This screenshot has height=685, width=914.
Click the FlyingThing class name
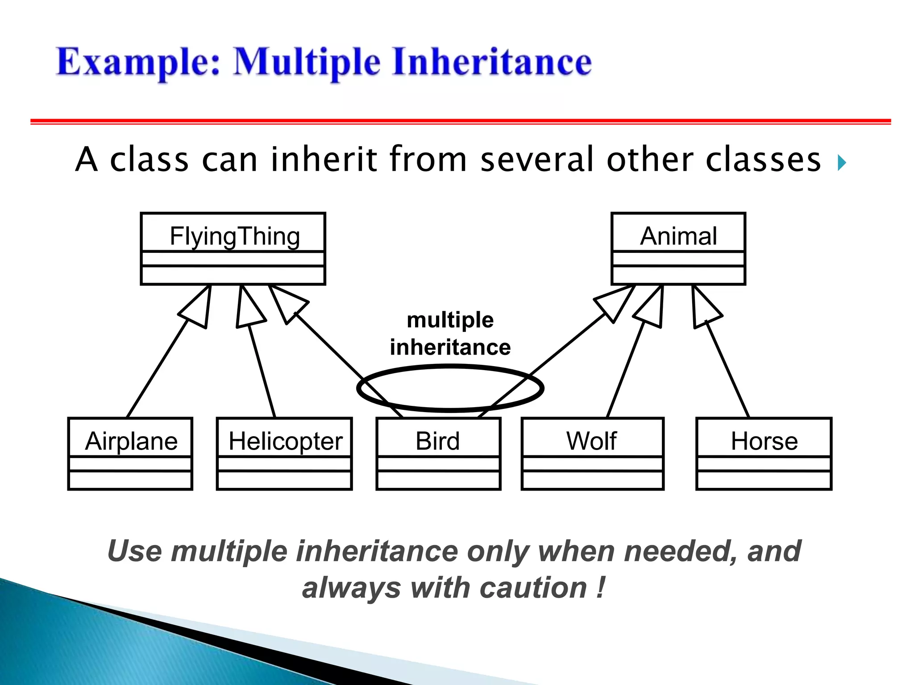235,236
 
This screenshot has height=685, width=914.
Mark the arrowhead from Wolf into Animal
652,308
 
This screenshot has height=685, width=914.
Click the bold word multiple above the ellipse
450,320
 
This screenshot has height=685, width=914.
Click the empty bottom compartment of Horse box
764,480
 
